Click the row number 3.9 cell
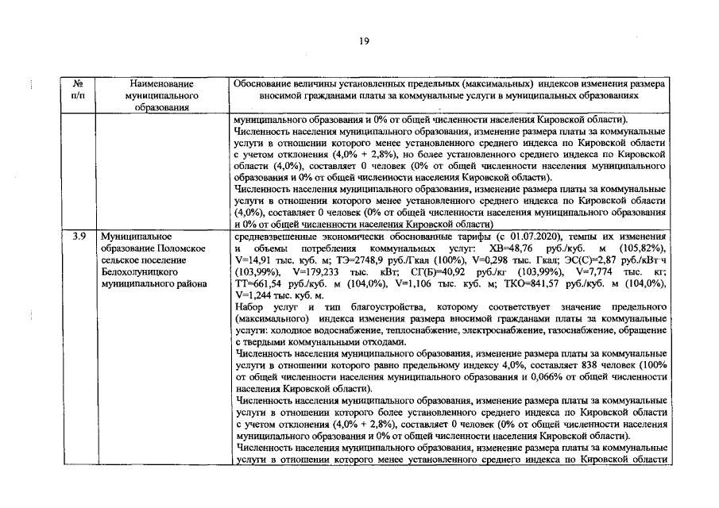(79, 237)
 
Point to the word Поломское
(177, 249)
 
